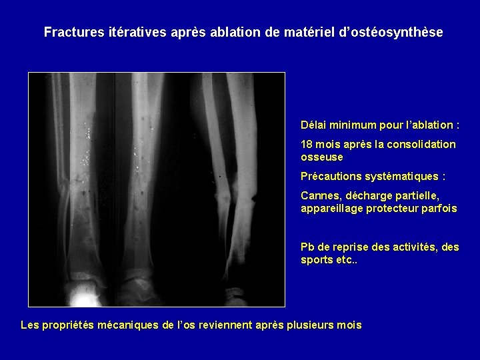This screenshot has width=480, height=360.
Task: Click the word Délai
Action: (314, 125)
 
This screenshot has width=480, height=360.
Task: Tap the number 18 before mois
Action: (307, 144)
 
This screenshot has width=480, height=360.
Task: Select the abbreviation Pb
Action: (308, 247)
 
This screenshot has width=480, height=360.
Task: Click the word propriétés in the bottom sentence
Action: (69, 325)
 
